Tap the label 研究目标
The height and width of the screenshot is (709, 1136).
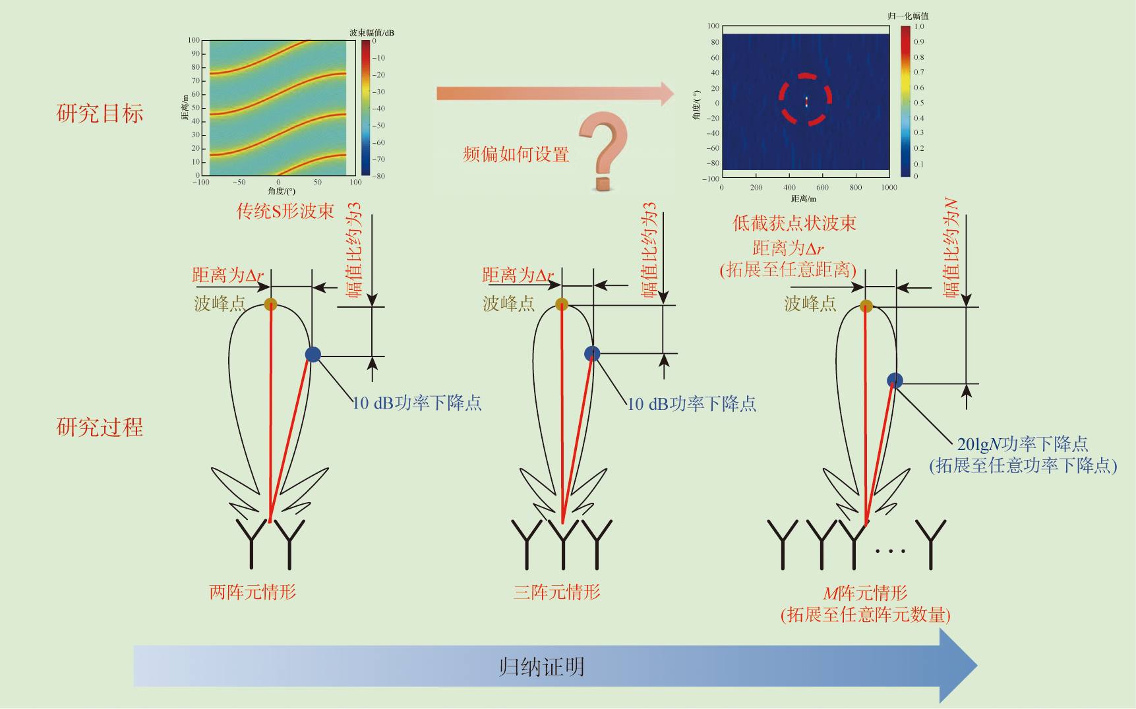100,113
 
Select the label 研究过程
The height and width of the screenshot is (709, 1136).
100,427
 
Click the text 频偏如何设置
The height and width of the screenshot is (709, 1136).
516,154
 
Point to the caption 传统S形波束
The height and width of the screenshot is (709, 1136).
285,211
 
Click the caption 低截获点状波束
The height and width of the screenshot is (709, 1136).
794,223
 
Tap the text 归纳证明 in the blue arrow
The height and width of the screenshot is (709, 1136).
541,667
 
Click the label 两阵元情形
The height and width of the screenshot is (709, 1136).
253,592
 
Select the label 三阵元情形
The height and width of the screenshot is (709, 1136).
557,592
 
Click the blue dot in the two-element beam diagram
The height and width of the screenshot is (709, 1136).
313,354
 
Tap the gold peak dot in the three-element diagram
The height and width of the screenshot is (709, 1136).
562,304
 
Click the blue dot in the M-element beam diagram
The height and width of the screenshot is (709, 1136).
895,380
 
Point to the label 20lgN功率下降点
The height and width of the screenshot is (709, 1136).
1023,443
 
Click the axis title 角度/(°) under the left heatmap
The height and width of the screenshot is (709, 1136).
282,191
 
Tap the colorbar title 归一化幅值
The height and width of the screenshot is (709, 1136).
908,16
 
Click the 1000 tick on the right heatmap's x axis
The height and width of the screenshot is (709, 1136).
889,188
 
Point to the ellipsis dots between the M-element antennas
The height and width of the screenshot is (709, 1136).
890,551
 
